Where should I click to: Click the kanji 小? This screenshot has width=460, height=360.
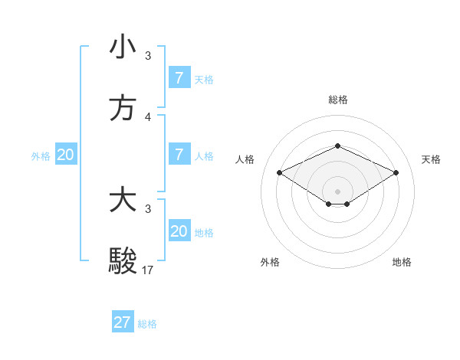[123, 47]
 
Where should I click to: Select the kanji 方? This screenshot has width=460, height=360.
[123, 108]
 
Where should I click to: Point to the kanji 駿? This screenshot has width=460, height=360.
[123, 261]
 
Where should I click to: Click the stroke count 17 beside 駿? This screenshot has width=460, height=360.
[148, 270]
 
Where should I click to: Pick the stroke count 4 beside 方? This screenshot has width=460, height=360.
[148, 116]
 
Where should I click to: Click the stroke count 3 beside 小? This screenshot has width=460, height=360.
[148, 55]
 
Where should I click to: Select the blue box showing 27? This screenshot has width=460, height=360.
[123, 322]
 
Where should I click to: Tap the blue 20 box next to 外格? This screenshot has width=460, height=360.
[66, 155]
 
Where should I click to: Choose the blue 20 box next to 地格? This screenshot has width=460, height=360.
[179, 231]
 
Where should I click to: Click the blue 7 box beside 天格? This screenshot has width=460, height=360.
[179, 78]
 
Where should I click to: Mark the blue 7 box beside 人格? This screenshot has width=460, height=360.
[179, 155]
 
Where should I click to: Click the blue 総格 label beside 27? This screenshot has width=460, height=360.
[147, 324]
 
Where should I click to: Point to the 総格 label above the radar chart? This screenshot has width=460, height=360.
[337, 100]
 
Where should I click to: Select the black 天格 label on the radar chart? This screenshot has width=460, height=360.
[431, 159]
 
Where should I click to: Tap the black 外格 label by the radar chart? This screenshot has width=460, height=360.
[270, 262]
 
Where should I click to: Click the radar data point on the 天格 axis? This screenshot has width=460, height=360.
[396, 173]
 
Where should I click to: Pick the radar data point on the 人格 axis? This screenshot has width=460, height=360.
[279, 173]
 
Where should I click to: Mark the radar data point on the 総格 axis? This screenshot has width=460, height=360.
[337, 146]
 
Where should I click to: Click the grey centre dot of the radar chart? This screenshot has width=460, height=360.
[337, 191]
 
